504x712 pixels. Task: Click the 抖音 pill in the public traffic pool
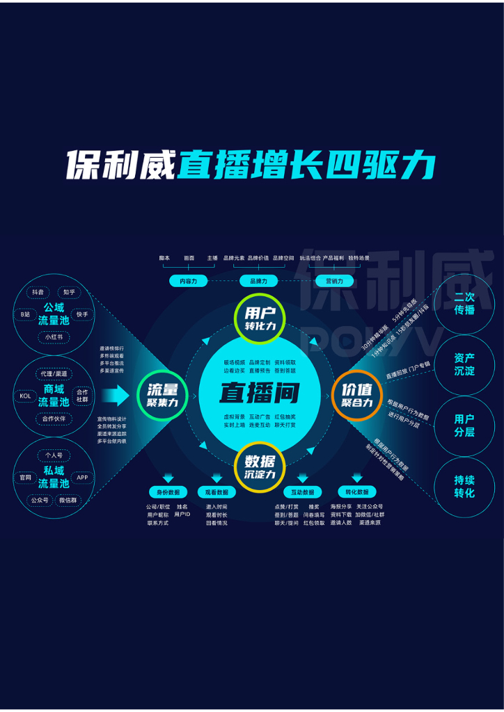(x=38, y=293)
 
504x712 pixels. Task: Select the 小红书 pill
(x=54, y=337)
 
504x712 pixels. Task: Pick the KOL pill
(x=25, y=396)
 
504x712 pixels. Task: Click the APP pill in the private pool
(x=82, y=478)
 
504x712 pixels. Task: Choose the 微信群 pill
(x=68, y=500)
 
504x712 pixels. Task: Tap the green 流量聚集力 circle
(x=162, y=396)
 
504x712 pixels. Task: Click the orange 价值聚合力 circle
(x=357, y=396)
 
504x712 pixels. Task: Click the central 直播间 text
(x=259, y=393)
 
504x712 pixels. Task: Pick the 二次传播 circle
(x=464, y=303)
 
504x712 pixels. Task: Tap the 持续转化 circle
(x=464, y=487)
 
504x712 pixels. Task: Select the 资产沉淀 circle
(x=464, y=364)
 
